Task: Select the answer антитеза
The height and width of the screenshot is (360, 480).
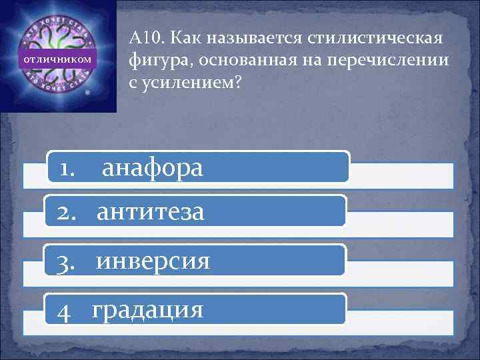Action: click(x=150, y=213)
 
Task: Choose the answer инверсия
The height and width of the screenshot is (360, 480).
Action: click(x=153, y=261)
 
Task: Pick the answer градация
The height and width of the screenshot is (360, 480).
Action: click(x=147, y=310)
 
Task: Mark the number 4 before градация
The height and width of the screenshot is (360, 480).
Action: click(x=64, y=311)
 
